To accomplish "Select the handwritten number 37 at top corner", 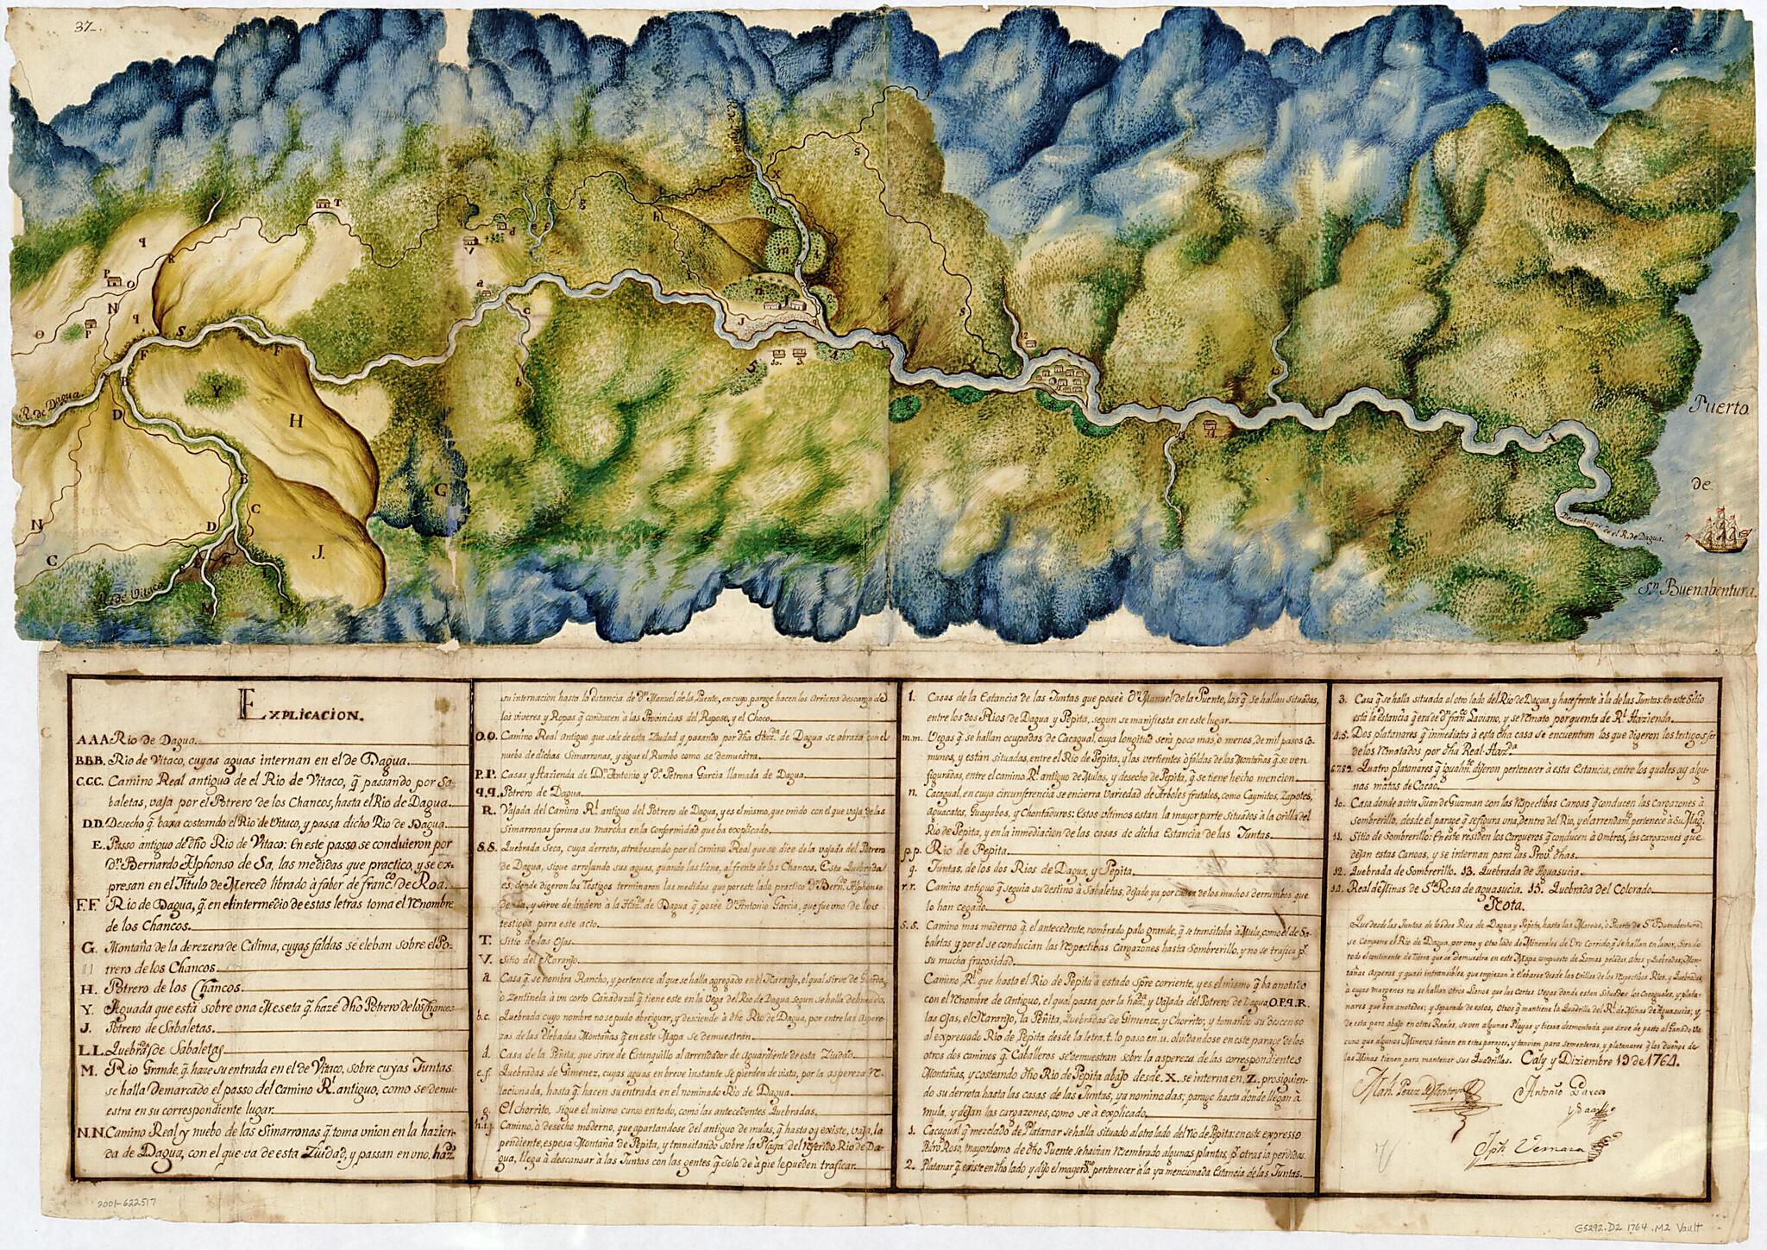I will pos(85,27).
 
